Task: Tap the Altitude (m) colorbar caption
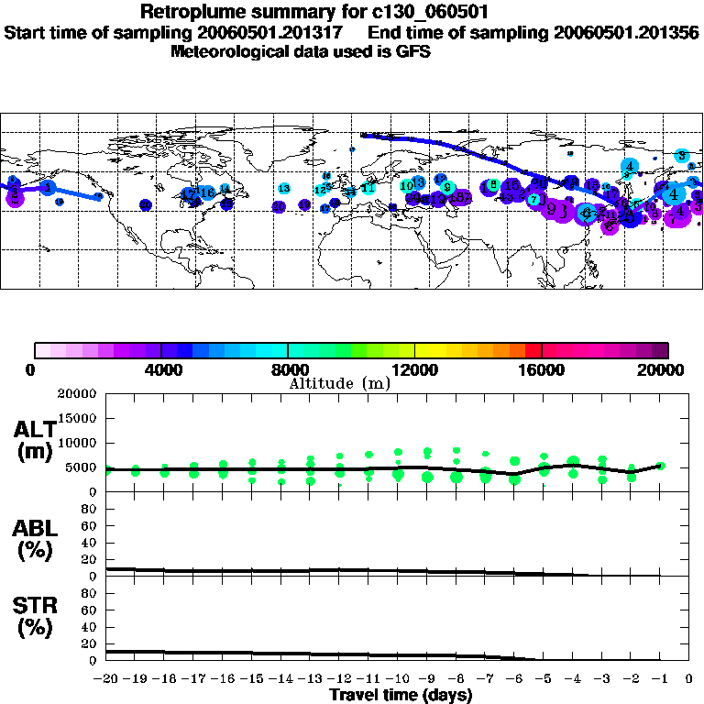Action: pos(339,382)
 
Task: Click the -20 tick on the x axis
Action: pos(106,679)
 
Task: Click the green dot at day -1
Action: pos(660,466)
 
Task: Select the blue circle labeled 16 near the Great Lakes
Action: pos(208,192)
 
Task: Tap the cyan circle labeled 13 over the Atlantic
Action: pos(284,188)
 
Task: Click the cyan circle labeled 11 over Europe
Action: pos(368,188)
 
